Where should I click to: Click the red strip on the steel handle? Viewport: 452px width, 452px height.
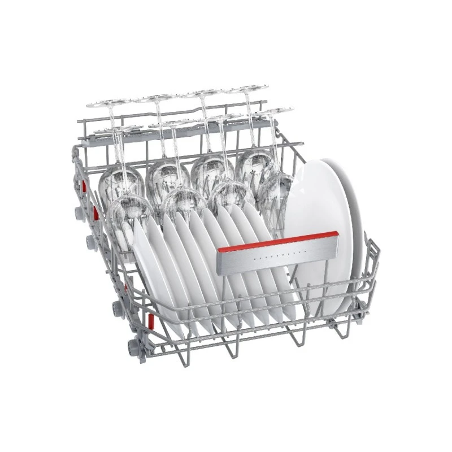[x=277, y=241]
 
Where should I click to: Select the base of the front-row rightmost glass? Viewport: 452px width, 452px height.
[x=274, y=111]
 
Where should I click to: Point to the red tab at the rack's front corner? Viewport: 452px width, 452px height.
[x=151, y=321]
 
